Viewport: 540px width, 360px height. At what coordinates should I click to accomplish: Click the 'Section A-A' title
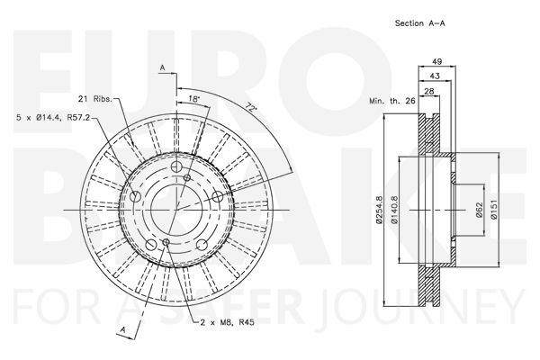(x=419, y=23)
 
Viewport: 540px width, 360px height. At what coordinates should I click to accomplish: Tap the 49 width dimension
(x=436, y=62)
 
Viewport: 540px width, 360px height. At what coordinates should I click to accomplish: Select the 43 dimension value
(x=435, y=76)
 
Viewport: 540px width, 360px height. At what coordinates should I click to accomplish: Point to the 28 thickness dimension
(x=429, y=91)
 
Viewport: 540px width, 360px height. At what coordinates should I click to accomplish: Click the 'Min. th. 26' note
(x=392, y=101)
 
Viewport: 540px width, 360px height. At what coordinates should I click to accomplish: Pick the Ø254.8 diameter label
(x=379, y=210)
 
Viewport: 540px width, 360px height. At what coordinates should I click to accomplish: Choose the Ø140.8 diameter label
(x=395, y=210)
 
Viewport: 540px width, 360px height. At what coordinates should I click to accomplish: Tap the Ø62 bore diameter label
(x=479, y=210)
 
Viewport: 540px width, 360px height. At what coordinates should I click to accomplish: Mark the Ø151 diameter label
(x=494, y=210)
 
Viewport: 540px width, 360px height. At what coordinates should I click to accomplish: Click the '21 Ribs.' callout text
(x=95, y=99)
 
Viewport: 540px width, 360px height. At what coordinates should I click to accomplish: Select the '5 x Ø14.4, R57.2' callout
(x=53, y=118)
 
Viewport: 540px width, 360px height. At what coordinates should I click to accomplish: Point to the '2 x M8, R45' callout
(x=228, y=323)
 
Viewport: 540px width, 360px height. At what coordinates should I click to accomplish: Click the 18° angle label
(x=193, y=99)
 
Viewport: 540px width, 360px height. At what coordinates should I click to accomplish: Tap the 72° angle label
(x=252, y=108)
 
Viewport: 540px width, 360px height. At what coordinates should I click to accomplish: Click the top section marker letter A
(x=163, y=68)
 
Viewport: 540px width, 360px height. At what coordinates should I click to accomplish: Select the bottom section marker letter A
(x=123, y=330)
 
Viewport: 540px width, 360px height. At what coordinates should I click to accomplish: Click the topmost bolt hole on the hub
(x=176, y=166)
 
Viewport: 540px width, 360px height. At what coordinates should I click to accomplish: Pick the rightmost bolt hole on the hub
(x=217, y=197)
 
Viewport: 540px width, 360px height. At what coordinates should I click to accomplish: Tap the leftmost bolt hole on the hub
(x=135, y=197)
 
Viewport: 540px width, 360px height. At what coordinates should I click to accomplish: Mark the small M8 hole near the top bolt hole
(x=187, y=178)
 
